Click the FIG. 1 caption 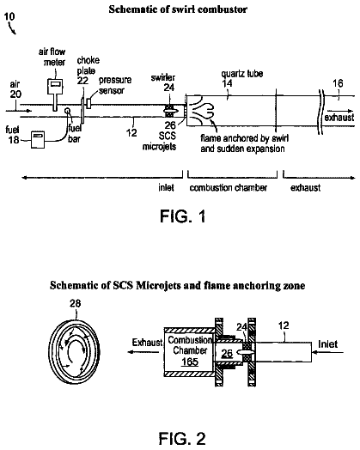click(x=183, y=216)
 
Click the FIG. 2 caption click(x=182, y=439)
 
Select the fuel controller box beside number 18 click(x=38, y=139)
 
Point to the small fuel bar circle click(x=68, y=111)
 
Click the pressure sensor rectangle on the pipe click(x=88, y=104)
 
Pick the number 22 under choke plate click(x=82, y=81)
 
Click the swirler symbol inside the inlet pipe click(x=169, y=111)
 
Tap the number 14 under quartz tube click(x=227, y=83)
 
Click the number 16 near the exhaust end click(x=338, y=83)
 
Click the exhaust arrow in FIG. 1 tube click(x=339, y=111)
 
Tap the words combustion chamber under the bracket click(x=229, y=188)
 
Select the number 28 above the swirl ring click(x=76, y=303)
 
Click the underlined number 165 click(x=190, y=362)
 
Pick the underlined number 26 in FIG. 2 click(x=227, y=354)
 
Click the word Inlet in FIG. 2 click(x=328, y=344)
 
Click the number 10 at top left click(x=9, y=16)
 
